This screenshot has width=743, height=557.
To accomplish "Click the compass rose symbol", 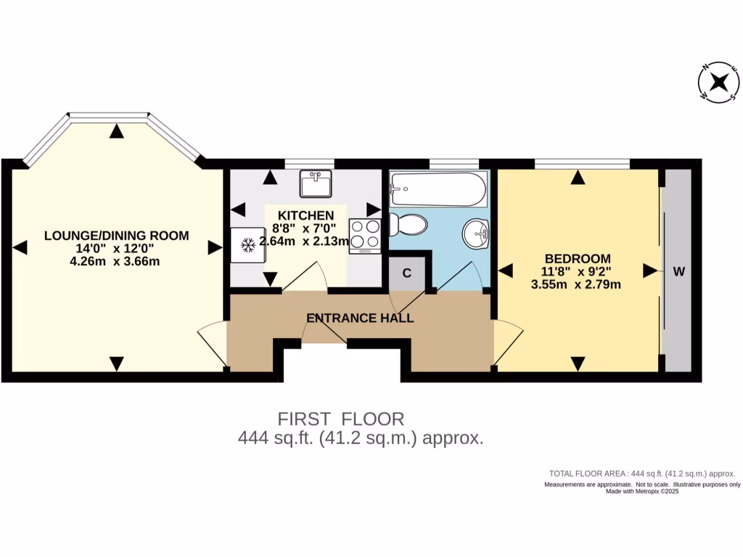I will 719,82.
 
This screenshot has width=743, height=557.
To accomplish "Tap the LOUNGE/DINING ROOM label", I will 116,236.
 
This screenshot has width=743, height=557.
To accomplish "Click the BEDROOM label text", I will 578,258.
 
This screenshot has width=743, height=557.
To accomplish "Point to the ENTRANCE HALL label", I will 360,318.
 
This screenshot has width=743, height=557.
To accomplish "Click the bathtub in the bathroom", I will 438,189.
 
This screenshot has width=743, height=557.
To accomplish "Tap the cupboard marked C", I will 407,273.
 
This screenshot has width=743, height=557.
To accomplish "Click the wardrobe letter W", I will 678,272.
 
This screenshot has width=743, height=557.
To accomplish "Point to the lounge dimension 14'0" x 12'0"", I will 116,249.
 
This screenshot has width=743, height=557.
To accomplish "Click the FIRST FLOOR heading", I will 341,418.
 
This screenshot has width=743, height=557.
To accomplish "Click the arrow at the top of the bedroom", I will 578,176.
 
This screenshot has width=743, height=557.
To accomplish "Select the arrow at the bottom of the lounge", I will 116,363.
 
